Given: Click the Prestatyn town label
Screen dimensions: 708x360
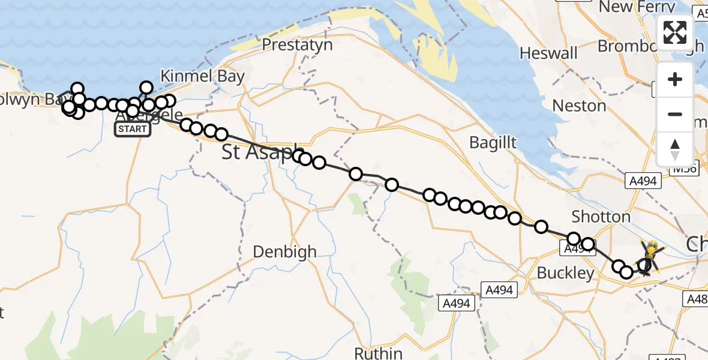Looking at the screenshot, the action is coord(293,45).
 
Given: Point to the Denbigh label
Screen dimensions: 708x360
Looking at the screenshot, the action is coord(284,252).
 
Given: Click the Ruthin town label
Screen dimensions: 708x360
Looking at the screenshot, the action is coord(378,352).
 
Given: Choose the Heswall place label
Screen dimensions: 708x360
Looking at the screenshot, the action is coord(548,53).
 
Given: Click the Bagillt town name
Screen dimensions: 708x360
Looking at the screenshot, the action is coord(493,143).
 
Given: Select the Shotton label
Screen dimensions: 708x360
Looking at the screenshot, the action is coord(601,217).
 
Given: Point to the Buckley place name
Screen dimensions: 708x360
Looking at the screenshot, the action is coord(565,274).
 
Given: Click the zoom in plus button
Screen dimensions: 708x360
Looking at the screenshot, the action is coord(675,79).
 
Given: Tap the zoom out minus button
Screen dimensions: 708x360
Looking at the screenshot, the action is coord(675,114).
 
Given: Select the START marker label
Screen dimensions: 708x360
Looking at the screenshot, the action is coord(132,129).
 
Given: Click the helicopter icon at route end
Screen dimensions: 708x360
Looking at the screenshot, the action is coord(649,257).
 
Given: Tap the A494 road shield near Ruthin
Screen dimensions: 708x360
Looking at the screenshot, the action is coord(459,302).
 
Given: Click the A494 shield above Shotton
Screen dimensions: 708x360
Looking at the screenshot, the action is coord(642,180).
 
